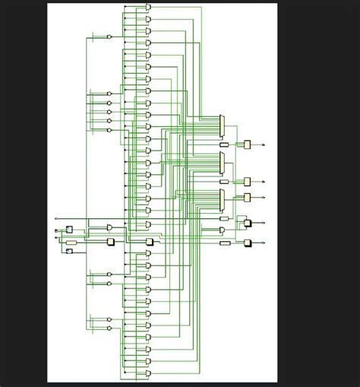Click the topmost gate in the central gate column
(x=148, y=7)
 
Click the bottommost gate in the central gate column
(x=148, y=375)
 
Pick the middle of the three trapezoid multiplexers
(x=222, y=162)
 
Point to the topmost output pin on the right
(x=264, y=144)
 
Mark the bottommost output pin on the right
(x=264, y=243)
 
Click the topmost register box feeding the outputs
(x=247, y=144)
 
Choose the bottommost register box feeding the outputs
(x=247, y=243)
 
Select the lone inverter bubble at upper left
(x=109, y=36)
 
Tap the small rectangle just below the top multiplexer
(x=223, y=144)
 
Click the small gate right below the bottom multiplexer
(x=223, y=218)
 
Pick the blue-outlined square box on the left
(x=69, y=229)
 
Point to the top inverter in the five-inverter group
(x=109, y=94)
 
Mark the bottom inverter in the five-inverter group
(x=109, y=130)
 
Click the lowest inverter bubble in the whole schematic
(x=109, y=328)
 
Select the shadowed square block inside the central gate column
(x=149, y=242)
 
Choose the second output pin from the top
(x=264, y=182)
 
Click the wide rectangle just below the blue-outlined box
(x=71, y=242)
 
